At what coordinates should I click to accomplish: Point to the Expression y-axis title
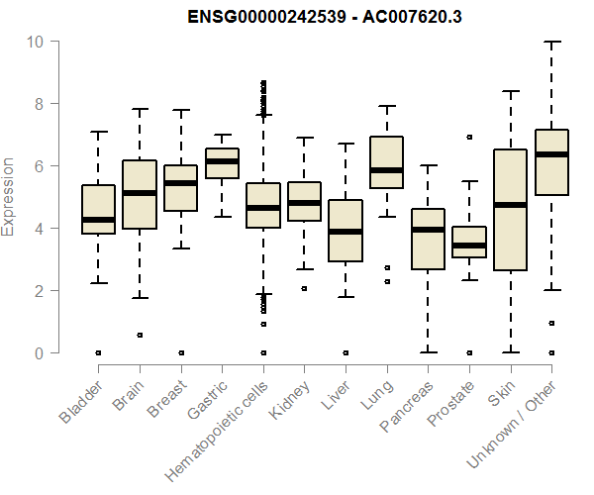point(9,196)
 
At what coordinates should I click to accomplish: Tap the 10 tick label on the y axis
point(36,42)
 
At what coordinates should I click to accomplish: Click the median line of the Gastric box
point(222,161)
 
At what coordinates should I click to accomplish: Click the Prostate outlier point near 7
point(469,137)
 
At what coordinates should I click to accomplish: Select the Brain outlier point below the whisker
point(140,335)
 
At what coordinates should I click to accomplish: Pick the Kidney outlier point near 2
point(304,288)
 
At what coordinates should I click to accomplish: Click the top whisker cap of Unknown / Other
point(551,42)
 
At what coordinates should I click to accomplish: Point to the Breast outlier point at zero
point(181,352)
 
